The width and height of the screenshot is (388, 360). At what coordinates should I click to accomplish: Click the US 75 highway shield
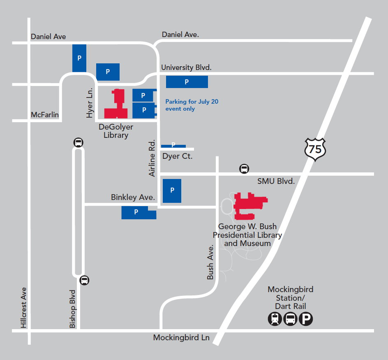click(x=315, y=149)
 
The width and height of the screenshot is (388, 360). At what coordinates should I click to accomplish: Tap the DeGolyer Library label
click(x=116, y=131)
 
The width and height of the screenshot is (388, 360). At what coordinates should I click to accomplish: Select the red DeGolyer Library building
click(x=117, y=105)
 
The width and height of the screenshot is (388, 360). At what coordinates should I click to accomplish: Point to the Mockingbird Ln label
click(x=181, y=338)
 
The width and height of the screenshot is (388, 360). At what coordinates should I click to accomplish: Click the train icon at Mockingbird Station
click(x=275, y=319)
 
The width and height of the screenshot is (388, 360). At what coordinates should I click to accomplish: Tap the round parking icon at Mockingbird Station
click(x=306, y=319)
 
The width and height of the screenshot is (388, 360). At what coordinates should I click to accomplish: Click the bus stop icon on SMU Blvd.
click(x=244, y=169)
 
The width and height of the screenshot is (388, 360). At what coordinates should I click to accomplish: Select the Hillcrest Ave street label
click(x=23, y=308)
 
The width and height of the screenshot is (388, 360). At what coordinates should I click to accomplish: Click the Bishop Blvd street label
click(x=73, y=309)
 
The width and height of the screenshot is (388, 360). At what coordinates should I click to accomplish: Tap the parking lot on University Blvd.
click(x=187, y=82)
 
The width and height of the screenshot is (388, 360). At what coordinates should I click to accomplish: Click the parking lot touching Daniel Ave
click(x=79, y=58)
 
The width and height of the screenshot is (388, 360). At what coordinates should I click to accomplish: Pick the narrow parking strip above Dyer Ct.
click(x=173, y=146)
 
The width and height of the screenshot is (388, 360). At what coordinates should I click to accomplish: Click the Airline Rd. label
click(x=152, y=158)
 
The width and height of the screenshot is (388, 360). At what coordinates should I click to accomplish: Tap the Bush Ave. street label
click(x=210, y=262)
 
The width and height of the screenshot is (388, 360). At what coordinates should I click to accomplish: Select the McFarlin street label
click(x=45, y=114)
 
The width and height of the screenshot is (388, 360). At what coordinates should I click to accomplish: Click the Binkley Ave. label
click(x=133, y=197)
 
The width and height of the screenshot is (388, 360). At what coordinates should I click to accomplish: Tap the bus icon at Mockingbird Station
click(x=290, y=319)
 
